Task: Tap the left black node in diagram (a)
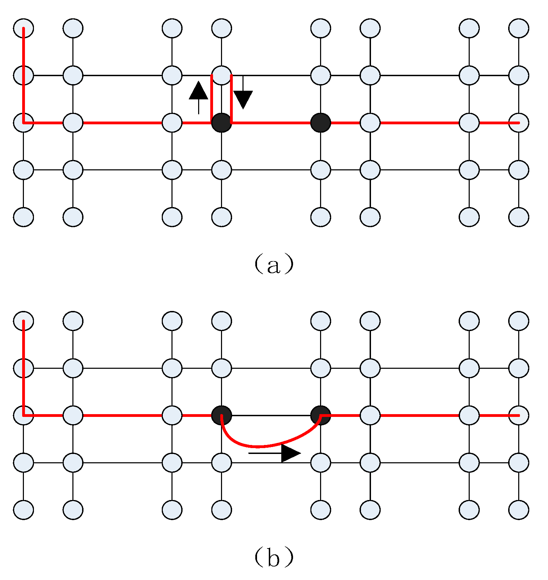221,123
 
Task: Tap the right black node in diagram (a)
320,123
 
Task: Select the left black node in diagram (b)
221,415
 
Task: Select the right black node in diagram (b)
320,415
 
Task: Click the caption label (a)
274,264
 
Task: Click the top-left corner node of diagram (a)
24,28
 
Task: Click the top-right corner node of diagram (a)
519,28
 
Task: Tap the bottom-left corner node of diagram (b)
24,510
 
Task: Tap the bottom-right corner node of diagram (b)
519,510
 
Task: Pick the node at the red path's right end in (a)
519,123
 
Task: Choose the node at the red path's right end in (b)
519,415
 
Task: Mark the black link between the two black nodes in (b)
271,415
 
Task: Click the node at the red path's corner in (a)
24,123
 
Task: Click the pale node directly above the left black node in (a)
221,75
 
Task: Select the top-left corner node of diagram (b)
24,321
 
